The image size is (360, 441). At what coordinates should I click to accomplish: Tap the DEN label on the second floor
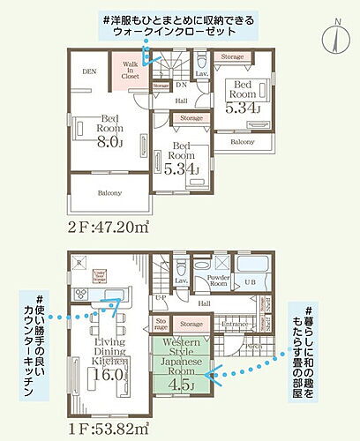89,71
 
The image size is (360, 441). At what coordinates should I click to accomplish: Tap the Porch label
252,346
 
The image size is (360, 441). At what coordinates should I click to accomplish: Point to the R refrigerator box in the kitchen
79,263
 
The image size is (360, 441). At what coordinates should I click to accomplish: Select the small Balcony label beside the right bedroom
243,141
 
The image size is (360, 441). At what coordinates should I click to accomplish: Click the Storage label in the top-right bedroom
233,56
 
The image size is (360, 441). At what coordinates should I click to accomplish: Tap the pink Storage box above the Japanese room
191,326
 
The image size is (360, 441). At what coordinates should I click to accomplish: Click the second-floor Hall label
180,101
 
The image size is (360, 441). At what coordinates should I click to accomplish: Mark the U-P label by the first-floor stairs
160,299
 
